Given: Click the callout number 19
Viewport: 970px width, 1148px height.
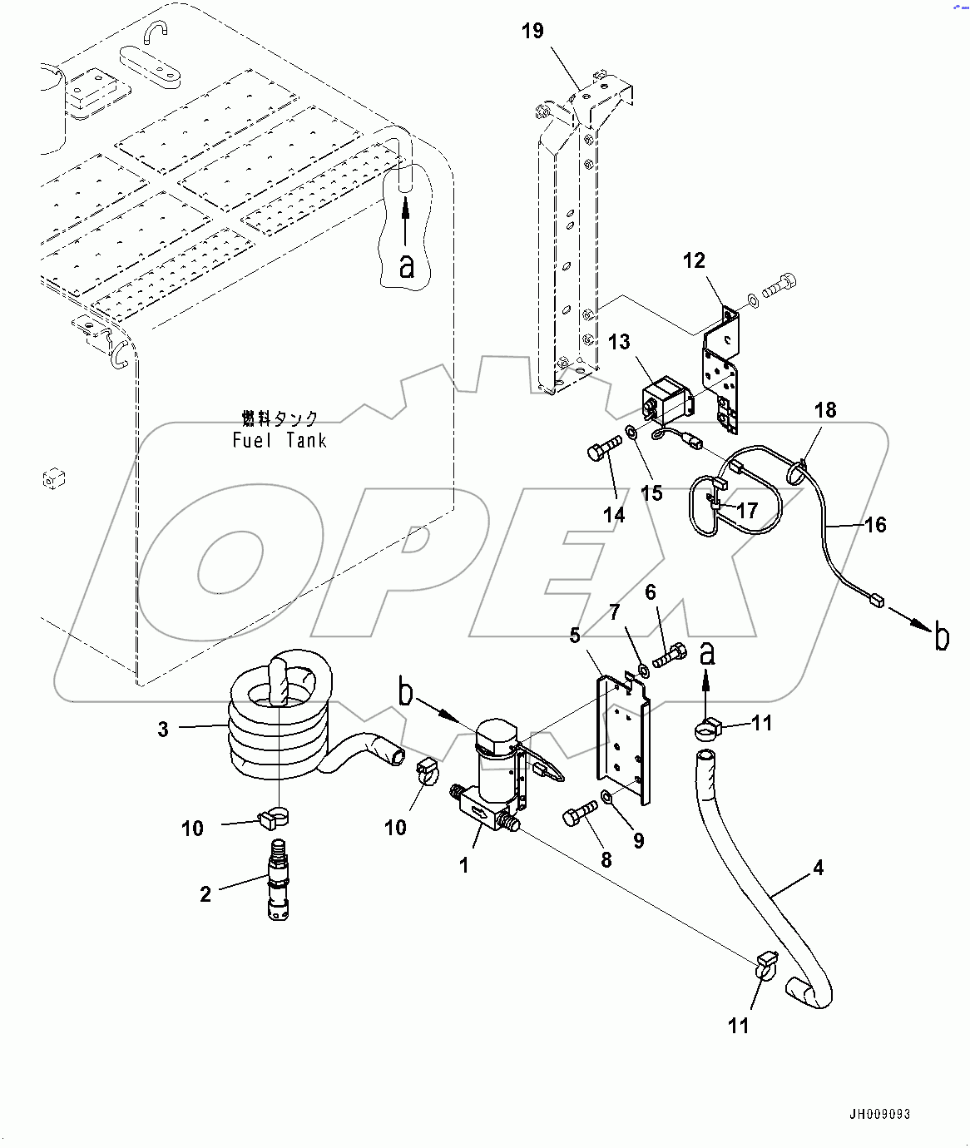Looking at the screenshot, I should click(532, 32).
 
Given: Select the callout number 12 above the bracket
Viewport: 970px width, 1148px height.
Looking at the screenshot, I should click(694, 261).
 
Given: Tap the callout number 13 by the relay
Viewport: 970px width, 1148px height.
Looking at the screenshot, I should click(619, 342).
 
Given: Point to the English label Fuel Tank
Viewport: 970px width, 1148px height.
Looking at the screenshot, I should click(280, 441).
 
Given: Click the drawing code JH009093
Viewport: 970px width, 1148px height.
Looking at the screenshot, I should click(879, 1114).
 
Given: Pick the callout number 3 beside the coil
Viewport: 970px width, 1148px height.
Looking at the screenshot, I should click(163, 730).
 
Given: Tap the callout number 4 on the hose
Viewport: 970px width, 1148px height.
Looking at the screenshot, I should click(818, 868).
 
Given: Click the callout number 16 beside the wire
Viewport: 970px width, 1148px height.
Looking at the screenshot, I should click(875, 525).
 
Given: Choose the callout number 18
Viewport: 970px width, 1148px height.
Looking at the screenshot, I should click(825, 410).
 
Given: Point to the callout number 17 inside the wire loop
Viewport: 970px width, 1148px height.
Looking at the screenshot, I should click(747, 510).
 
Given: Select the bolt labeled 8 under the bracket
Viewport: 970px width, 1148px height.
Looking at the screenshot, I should click(580, 812).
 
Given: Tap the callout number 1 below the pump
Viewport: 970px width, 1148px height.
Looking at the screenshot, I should click(464, 866).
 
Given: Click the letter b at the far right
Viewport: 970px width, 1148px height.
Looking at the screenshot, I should click(941, 637).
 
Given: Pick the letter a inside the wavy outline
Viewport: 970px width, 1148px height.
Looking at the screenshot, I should click(407, 266).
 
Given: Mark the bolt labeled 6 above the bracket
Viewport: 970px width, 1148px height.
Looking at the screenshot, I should click(668, 656).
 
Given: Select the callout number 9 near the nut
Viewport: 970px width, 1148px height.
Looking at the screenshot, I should click(638, 841).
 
